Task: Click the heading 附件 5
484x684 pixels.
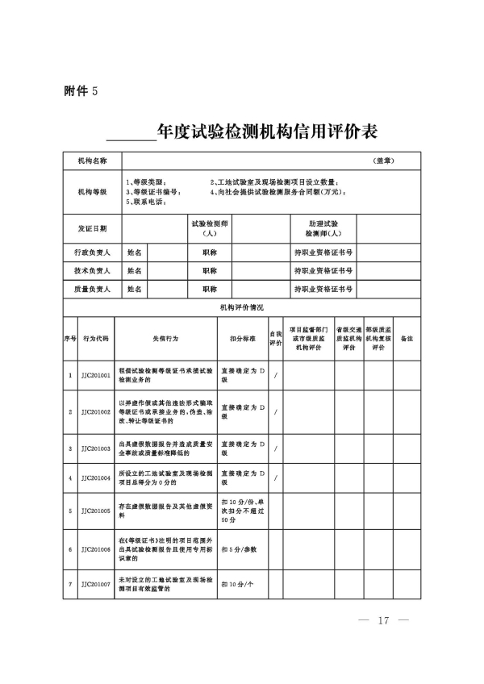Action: pyautogui.click(x=81, y=90)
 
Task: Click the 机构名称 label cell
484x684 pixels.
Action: pyautogui.click(x=91, y=161)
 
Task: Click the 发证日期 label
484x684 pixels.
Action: pyautogui.click(x=91, y=228)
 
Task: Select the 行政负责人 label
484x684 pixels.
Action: pyautogui.click(x=91, y=252)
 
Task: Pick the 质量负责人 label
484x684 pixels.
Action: pyautogui.click(x=91, y=289)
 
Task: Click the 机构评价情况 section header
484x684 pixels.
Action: pyautogui.click(x=241, y=307)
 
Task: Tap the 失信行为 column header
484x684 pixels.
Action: pyautogui.click(x=165, y=339)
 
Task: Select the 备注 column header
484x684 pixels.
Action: pyautogui.click(x=407, y=339)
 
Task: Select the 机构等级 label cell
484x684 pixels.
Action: pyautogui.click(x=91, y=193)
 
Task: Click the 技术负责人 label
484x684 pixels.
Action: pyautogui.click(x=91, y=271)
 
